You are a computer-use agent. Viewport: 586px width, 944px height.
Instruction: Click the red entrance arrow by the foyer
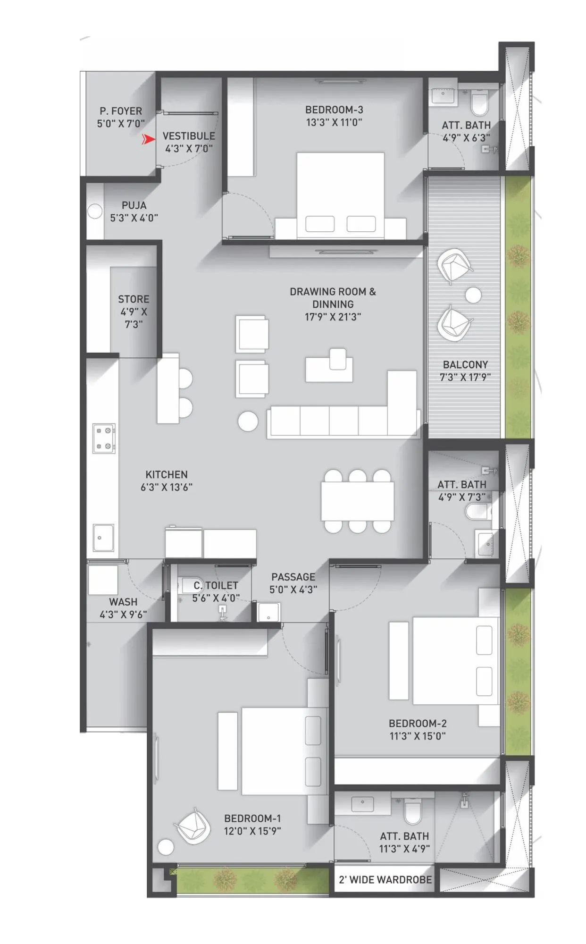149,139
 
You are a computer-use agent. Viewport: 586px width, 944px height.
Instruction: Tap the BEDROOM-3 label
334,110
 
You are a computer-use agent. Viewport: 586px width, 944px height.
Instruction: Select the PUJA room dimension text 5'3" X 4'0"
134,218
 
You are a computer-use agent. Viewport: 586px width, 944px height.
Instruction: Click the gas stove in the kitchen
104,438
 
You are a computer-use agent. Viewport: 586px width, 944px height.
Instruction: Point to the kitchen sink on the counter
103,538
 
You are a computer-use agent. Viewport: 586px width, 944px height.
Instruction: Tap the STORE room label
134,299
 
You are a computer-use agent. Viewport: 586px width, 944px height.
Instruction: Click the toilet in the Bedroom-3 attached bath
480,103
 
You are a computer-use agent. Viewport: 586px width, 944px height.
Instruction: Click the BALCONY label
465,365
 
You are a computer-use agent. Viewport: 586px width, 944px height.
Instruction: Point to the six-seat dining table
358,501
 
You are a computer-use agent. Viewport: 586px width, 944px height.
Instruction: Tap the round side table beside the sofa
248,421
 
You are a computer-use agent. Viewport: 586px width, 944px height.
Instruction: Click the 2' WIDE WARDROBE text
385,880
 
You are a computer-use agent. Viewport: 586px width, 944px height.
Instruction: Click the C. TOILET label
216,586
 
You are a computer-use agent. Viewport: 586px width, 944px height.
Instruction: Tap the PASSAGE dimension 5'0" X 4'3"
293,590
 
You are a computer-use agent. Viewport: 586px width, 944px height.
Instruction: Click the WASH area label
123,602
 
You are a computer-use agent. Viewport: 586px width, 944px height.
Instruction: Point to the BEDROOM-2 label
418,724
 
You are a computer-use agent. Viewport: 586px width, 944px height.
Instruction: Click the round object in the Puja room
95,211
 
